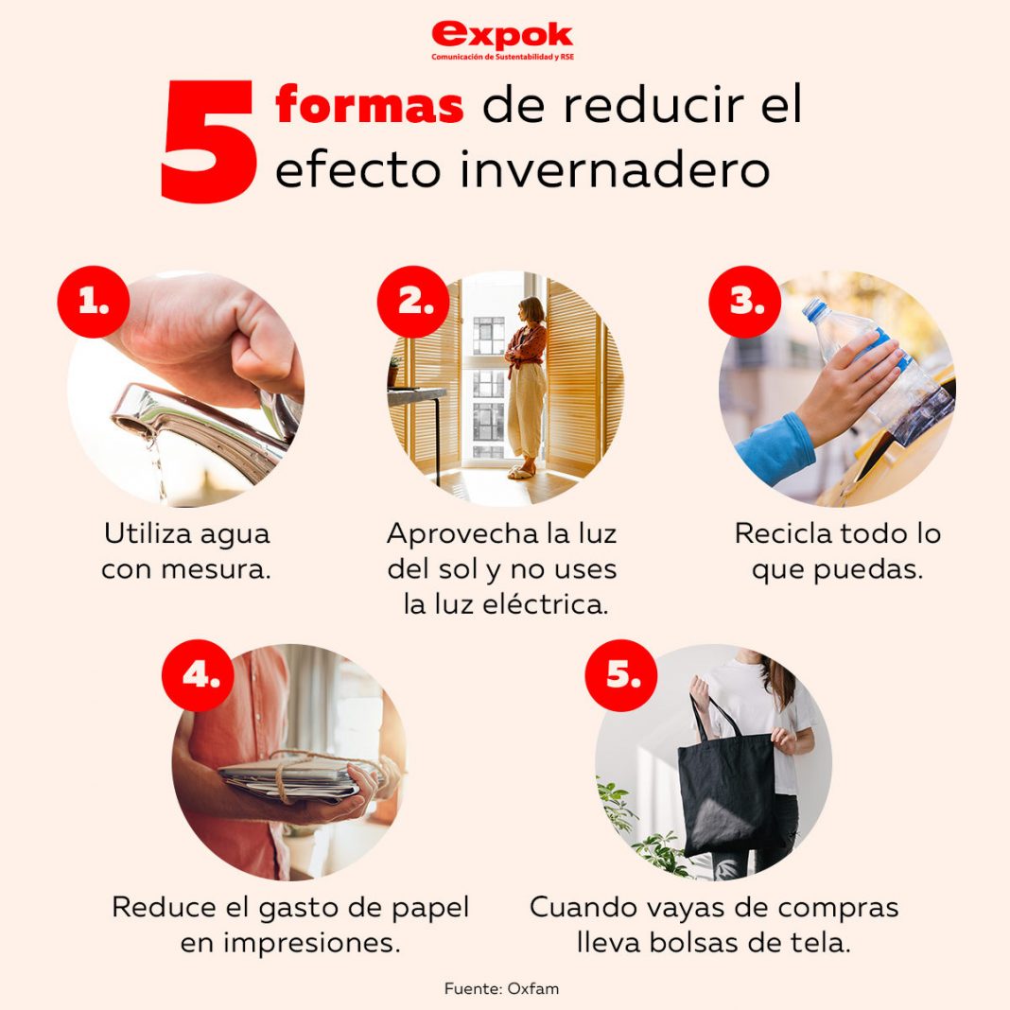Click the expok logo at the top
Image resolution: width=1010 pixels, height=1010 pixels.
tap(502, 39)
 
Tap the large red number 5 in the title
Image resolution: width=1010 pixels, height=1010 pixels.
tap(209, 143)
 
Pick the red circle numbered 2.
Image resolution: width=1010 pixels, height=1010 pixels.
tap(414, 302)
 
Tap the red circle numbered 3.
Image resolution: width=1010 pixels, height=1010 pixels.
tap(746, 302)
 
